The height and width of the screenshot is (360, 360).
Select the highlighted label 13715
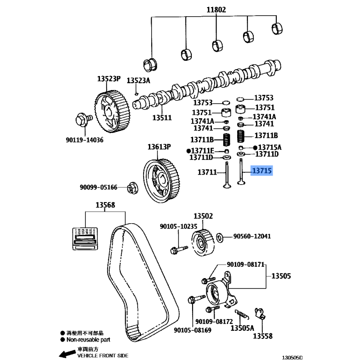[x=262, y=171]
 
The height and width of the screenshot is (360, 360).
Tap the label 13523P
[x=108, y=78]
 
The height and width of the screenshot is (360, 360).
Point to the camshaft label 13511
[x=162, y=117]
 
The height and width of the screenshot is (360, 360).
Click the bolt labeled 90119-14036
[x=82, y=119]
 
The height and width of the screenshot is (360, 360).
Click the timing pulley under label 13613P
[x=159, y=178]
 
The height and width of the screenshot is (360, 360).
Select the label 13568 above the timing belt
[x=104, y=206]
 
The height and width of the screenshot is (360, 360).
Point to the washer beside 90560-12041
[x=220, y=237]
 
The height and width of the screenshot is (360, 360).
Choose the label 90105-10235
[x=179, y=226]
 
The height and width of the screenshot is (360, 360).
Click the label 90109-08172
[x=214, y=322]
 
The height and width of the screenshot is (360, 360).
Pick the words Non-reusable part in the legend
[x=88, y=340]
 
